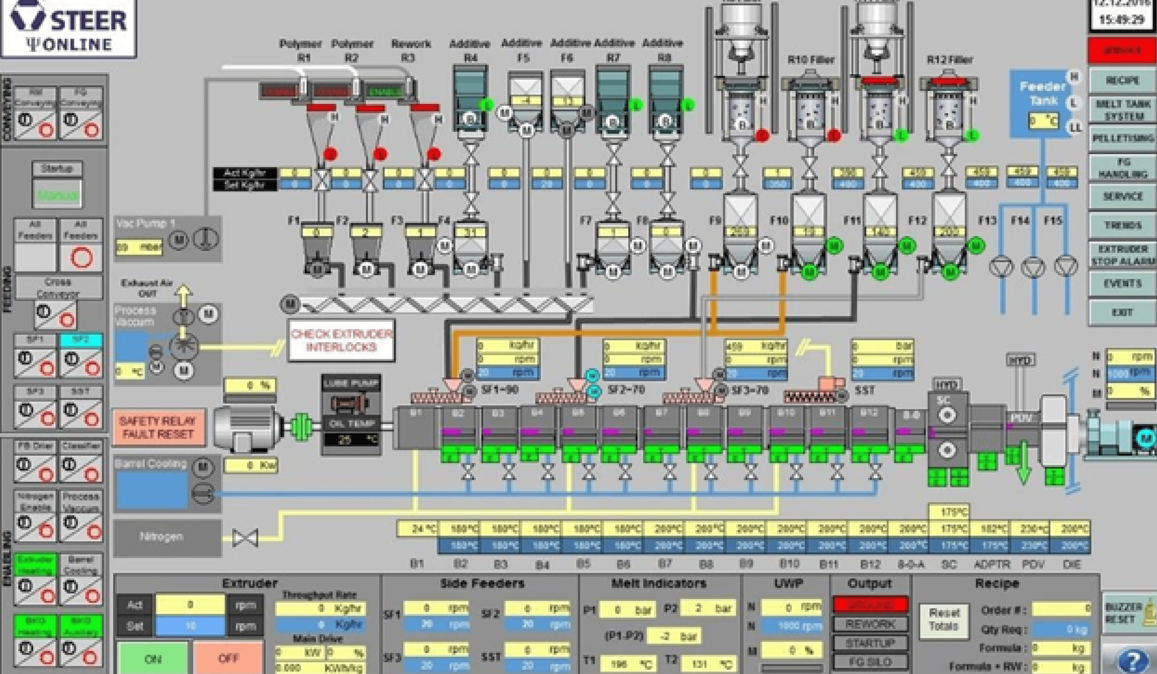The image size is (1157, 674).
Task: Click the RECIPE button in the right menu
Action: coord(1122,81)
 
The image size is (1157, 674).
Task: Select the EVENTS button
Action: coord(1122,283)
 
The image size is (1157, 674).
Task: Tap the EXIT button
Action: coord(1122,312)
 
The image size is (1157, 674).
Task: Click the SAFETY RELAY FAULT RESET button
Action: coord(158,427)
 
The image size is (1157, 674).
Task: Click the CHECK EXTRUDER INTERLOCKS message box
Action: coord(341,340)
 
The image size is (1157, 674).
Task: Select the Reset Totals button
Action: coord(943,620)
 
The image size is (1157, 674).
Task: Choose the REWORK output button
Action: coord(870,624)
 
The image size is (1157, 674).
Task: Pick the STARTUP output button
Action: coord(870,643)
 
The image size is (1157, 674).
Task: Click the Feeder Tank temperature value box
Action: coord(1043,121)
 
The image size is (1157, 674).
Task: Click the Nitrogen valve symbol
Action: coord(245,537)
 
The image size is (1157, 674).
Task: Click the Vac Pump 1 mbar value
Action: coord(138,247)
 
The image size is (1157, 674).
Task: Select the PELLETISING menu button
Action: coord(1122,138)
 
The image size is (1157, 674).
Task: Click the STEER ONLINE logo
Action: coord(69,28)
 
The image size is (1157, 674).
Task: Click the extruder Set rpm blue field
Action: coord(190,626)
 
